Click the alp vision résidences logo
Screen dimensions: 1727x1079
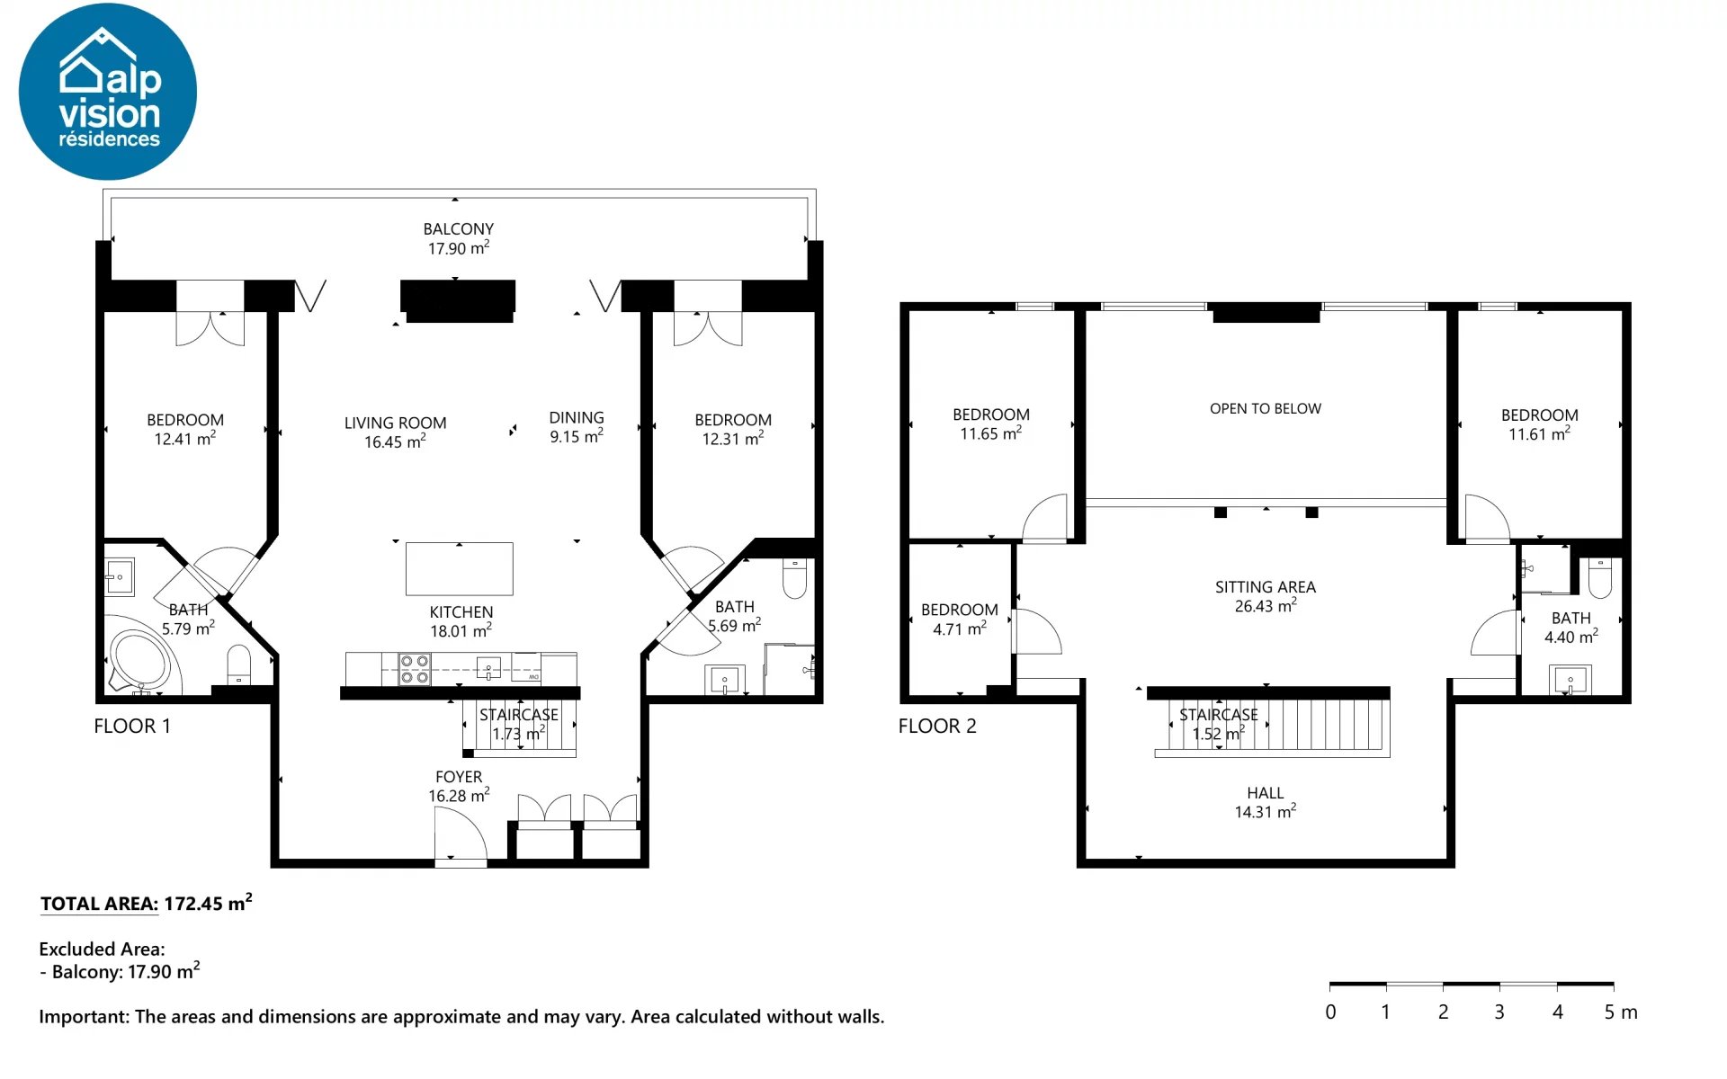tap(108, 92)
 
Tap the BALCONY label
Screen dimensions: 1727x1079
tap(459, 229)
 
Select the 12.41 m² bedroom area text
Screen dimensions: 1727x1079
tap(184, 439)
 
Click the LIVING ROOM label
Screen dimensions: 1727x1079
tap(395, 423)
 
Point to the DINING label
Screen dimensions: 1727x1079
tap(577, 417)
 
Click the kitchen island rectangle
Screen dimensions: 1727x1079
tap(460, 568)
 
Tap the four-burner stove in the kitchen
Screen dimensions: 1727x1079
tap(415, 669)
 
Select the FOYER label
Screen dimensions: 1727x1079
tap(459, 777)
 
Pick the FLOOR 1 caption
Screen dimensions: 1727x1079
tap(132, 727)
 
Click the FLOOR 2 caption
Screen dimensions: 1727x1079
tap(937, 727)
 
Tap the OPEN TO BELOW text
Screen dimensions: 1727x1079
tap(1266, 409)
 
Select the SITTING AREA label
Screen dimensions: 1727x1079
tap(1266, 587)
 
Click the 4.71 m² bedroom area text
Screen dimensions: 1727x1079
tap(960, 629)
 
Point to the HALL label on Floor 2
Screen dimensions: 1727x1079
tap(1266, 793)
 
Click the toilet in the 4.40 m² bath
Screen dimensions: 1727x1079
tap(1600, 577)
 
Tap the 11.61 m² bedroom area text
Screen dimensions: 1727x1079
tap(1539, 433)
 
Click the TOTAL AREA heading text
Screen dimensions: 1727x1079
tap(99, 905)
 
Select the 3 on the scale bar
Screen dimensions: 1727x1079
tap(1499, 1012)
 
